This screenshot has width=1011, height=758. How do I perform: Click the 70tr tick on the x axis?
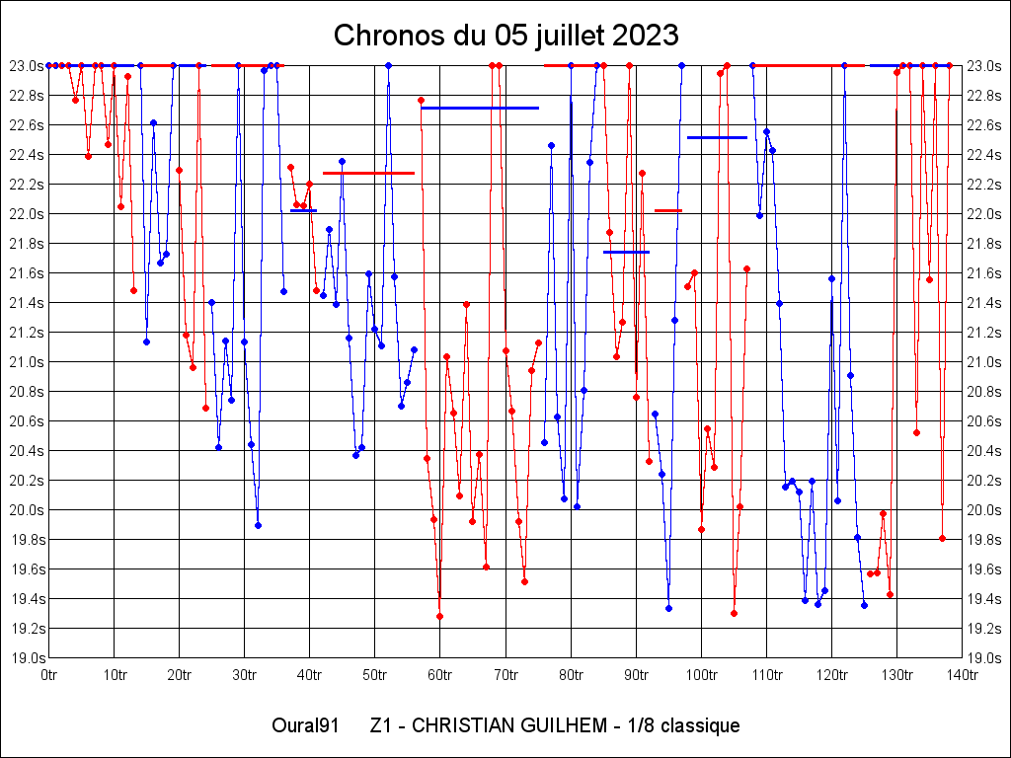click(505, 675)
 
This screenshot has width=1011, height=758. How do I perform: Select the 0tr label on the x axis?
click(49, 675)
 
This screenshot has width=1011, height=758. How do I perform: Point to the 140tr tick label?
click(963, 675)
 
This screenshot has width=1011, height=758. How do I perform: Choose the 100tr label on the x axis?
click(702, 675)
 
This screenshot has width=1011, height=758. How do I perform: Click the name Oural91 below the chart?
click(305, 726)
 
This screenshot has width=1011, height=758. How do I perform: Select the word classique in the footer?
click(700, 726)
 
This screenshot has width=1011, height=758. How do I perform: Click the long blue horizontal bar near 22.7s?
click(480, 108)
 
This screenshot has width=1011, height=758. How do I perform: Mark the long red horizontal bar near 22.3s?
click(368, 173)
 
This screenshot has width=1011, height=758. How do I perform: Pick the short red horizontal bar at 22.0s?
click(668, 210)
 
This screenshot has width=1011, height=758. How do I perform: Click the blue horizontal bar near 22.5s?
click(717, 137)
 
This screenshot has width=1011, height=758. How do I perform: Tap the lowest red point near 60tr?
click(439, 616)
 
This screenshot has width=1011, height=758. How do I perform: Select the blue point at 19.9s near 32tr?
click(258, 525)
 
